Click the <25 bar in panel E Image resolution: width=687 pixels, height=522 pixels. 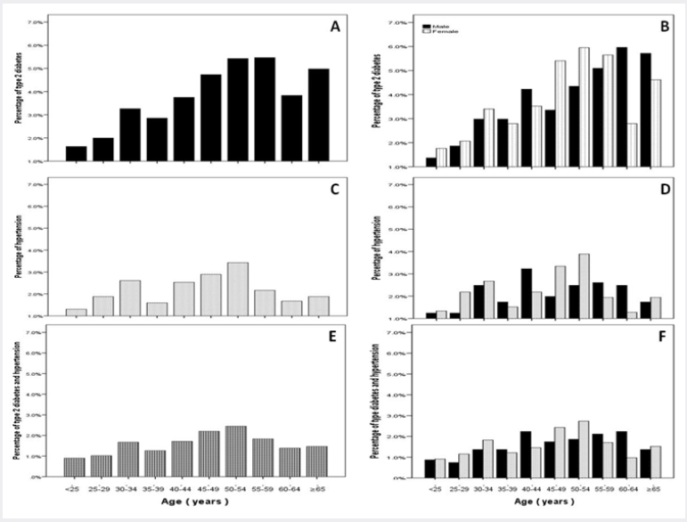pyautogui.click(x=76, y=468)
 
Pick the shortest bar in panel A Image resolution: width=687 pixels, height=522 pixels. pyautogui.click(x=76, y=154)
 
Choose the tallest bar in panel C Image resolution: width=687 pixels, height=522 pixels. pyautogui.click(x=238, y=289)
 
